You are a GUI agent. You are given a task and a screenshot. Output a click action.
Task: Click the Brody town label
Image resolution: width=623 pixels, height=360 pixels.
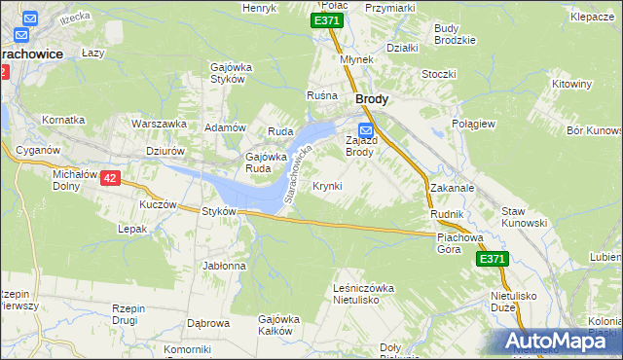click(x=373, y=98)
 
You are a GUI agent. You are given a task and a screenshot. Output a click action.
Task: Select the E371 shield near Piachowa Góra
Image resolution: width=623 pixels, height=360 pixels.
click(x=492, y=259)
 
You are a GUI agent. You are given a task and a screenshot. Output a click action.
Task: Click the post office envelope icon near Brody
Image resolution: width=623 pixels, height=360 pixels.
click(x=366, y=130)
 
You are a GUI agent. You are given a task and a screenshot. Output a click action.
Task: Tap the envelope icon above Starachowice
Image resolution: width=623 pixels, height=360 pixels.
click(x=29, y=18)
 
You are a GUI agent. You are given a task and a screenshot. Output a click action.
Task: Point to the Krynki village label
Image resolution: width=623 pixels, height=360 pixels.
click(x=327, y=185)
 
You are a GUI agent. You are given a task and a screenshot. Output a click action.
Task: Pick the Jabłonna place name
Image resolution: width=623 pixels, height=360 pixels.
click(x=224, y=265)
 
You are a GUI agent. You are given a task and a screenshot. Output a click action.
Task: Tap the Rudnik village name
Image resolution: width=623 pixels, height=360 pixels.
click(x=446, y=213)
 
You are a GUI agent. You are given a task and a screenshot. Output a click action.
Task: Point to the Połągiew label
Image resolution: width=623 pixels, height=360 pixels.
click(x=475, y=125)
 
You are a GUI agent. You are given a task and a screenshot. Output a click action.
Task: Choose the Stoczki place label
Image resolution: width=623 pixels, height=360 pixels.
click(x=439, y=73)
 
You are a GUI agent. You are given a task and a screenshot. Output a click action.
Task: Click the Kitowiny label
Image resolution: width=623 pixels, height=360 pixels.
click(x=571, y=84)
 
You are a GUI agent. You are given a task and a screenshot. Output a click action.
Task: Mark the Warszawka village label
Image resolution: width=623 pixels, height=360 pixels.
click(x=160, y=125)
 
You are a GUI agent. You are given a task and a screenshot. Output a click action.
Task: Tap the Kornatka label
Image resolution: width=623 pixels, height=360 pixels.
click(x=63, y=120)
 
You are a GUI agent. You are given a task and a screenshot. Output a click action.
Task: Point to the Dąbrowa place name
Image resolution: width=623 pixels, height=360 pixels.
click(x=207, y=323)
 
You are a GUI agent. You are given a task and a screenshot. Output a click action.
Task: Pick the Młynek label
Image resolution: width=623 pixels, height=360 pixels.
click(x=357, y=58)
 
